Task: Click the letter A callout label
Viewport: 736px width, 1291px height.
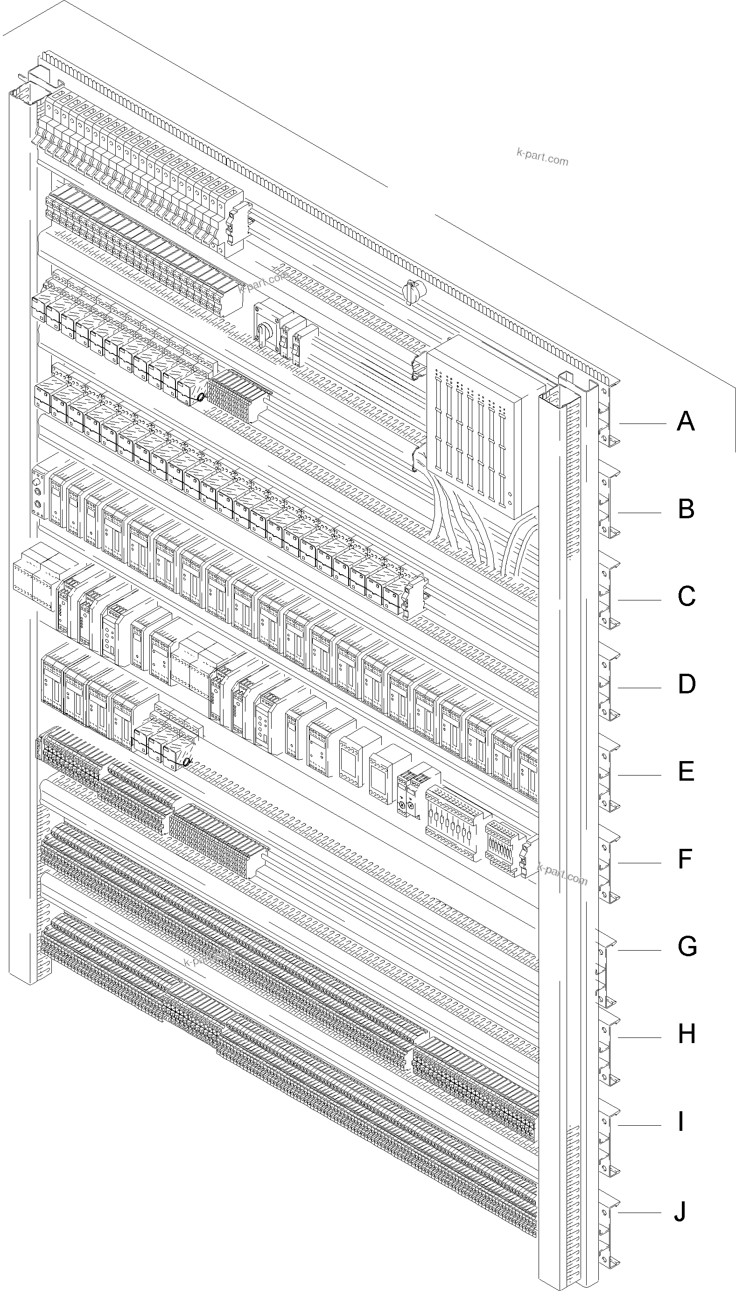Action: tap(686, 421)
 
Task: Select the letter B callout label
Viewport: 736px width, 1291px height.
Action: tap(686, 509)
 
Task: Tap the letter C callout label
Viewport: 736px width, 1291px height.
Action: tap(686, 596)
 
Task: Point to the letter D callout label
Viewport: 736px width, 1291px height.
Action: tap(686, 684)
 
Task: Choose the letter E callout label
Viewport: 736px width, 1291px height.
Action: tap(686, 771)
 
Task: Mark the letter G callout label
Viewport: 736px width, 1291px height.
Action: tap(687, 946)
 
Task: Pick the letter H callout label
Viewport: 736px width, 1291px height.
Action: tap(687, 1034)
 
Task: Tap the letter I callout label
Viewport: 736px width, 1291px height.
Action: tap(681, 1121)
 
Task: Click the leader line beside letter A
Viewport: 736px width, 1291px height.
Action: tap(642, 423)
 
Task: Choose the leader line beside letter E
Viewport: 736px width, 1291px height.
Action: tap(639, 775)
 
